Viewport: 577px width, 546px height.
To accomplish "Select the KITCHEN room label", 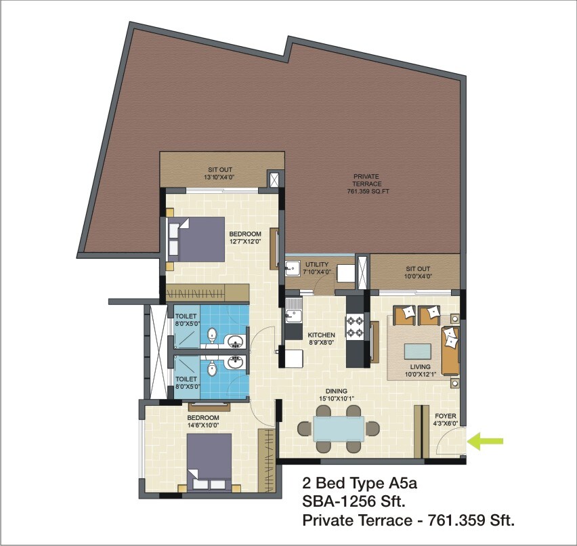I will pyautogui.click(x=321, y=335).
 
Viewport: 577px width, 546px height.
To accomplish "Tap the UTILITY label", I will pyautogui.click(x=317, y=264).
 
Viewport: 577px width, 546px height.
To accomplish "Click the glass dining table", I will pyautogui.click(x=338, y=429).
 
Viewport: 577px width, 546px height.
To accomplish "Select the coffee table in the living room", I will pyautogui.click(x=416, y=352).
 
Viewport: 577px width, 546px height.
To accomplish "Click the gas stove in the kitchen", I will pyautogui.click(x=356, y=327).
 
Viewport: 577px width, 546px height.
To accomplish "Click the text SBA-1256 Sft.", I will pyautogui.click(x=352, y=502).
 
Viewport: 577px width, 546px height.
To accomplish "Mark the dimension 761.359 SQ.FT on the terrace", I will pyautogui.click(x=368, y=192).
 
